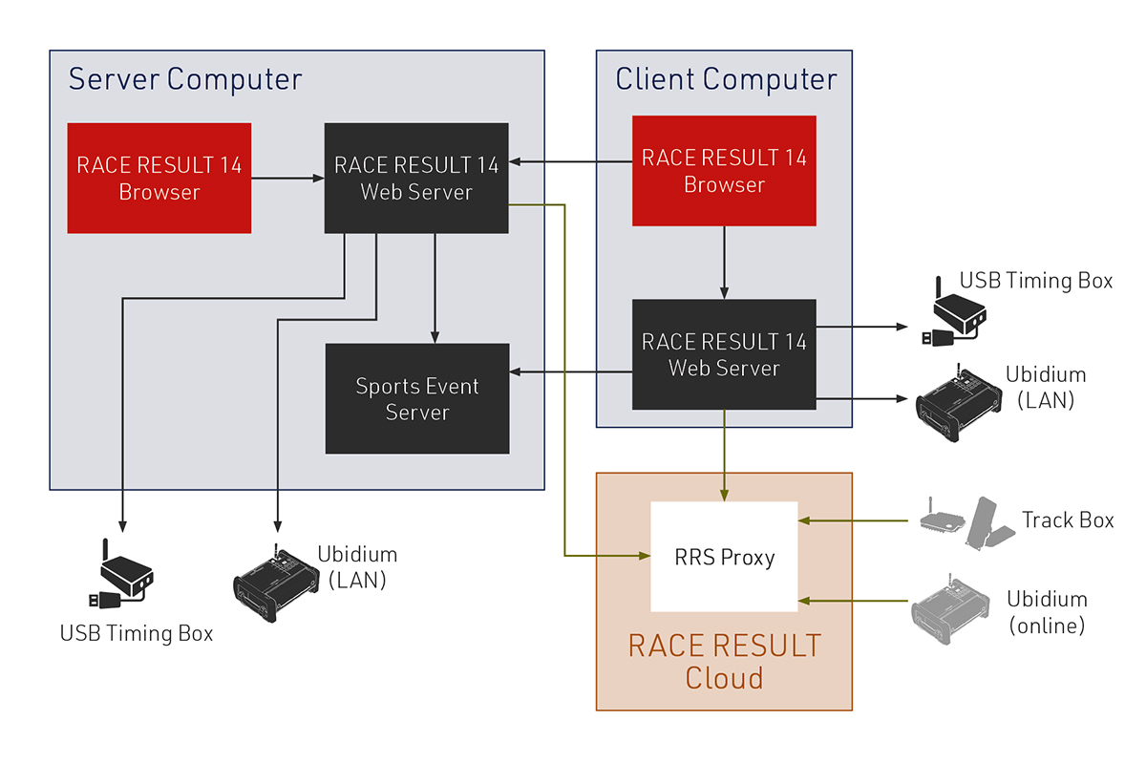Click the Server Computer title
tap(185, 79)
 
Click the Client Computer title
tap(726, 79)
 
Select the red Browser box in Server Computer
tap(159, 178)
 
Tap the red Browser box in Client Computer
tap(724, 171)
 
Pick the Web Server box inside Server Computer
tap(416, 178)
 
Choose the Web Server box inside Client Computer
tap(724, 354)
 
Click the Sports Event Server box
tap(417, 399)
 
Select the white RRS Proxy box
tap(723, 557)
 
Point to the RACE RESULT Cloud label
tap(724, 661)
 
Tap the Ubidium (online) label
tap(1047, 612)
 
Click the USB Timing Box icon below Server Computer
tap(122, 576)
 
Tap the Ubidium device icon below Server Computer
tap(275, 584)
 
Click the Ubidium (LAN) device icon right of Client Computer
tap(958, 403)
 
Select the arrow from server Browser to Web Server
tap(287, 178)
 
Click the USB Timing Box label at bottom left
tap(137, 633)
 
